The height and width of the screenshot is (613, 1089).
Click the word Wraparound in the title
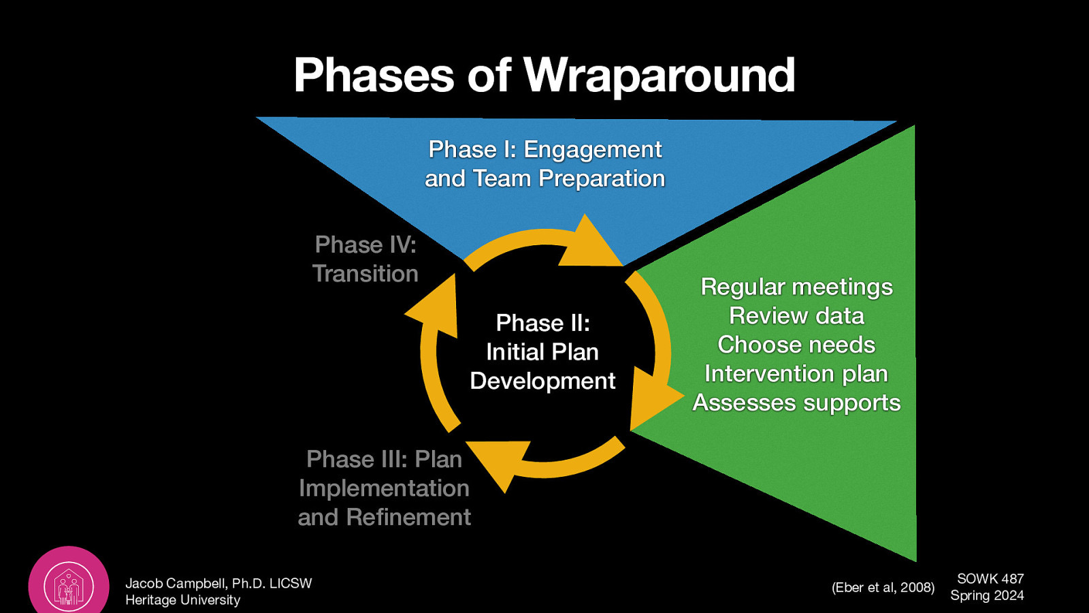click(659, 75)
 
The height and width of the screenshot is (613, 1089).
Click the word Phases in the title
click(374, 75)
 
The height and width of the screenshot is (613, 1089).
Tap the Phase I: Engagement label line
click(544, 149)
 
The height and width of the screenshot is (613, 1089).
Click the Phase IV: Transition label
click(365, 259)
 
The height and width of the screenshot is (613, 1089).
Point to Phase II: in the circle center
click(542, 322)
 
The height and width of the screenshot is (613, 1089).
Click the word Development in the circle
click(542, 381)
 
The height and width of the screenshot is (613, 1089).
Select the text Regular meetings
click(796, 287)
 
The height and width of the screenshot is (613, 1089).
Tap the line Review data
click(796, 316)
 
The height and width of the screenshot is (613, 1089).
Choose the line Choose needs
click(796, 345)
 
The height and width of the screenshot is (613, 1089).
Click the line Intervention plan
click(796, 374)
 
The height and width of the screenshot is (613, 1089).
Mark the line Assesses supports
click(796, 403)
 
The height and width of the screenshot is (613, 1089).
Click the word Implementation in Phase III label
click(384, 488)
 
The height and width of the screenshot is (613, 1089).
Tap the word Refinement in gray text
click(408, 517)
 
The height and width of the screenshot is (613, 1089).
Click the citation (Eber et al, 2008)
click(883, 587)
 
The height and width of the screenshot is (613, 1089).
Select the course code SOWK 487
click(990, 579)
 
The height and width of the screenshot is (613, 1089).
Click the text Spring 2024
click(987, 595)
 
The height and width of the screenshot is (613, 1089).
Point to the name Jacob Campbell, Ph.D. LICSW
click(218, 584)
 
